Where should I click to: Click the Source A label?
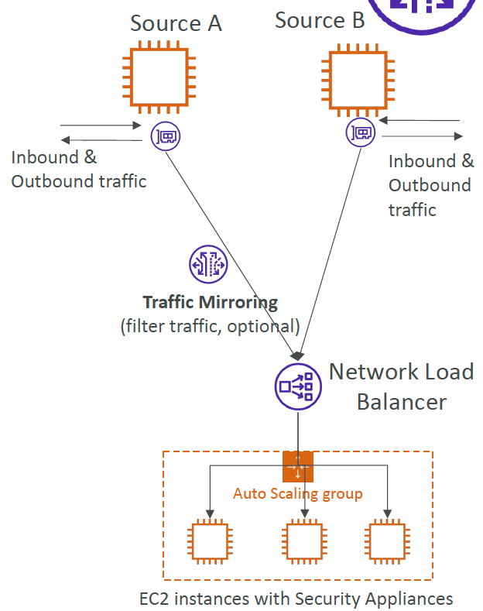(x=176, y=23)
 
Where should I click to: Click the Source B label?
(x=320, y=20)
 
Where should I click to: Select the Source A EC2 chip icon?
(x=159, y=77)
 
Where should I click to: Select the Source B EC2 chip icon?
(x=358, y=80)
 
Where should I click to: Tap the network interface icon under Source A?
(x=166, y=136)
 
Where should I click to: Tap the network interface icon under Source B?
(x=361, y=132)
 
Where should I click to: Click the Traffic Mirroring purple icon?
(x=208, y=264)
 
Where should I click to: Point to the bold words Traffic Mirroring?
(x=211, y=302)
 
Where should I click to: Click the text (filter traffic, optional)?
(x=211, y=327)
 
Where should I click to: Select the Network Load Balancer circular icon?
(x=298, y=386)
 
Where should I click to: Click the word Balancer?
(x=402, y=402)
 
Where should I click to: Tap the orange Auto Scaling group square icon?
(x=298, y=466)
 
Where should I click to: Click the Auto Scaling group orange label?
(x=298, y=494)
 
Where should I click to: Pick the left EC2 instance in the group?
(x=210, y=541)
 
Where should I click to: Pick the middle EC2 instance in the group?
(x=304, y=541)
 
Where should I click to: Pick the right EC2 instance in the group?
(x=387, y=541)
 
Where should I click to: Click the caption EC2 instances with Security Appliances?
(x=296, y=599)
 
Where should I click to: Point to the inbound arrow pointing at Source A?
(x=101, y=125)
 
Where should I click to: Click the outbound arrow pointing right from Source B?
(x=422, y=136)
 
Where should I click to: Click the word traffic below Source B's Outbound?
(x=412, y=210)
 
